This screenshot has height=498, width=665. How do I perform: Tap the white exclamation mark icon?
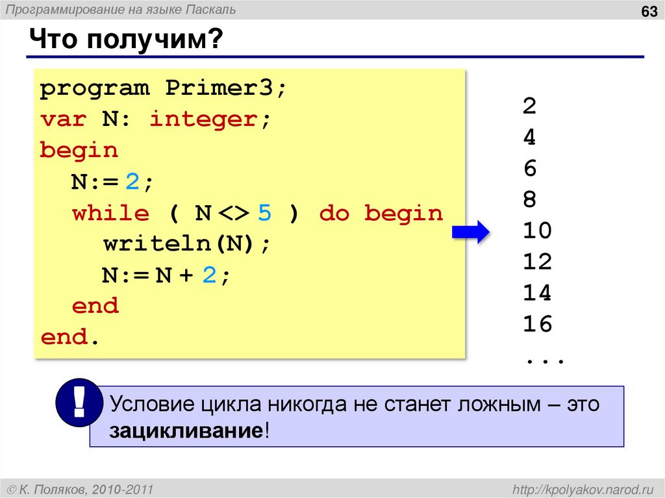[79, 403]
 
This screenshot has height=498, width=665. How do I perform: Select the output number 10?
[537, 230]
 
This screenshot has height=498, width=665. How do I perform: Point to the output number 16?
[537, 324]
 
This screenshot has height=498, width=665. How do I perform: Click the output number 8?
[529, 199]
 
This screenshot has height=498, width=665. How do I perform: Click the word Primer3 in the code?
[219, 88]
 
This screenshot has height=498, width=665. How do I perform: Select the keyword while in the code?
[110, 213]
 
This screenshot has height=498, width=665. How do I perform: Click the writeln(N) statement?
[186, 244]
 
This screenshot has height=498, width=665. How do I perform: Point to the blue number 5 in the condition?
[265, 213]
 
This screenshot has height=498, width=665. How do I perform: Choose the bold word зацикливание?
[186, 432]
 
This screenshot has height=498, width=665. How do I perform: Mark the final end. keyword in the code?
[71, 338]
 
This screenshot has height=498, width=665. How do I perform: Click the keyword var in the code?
[64, 119]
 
